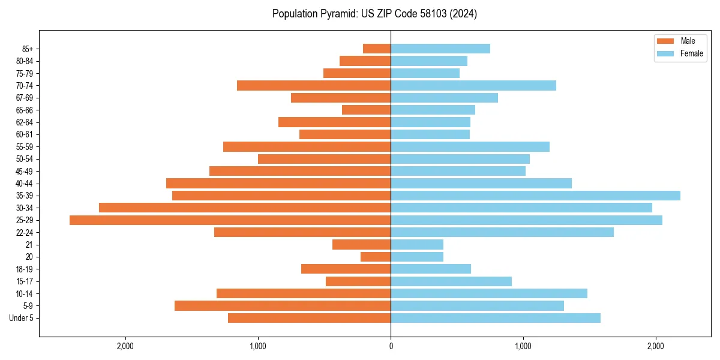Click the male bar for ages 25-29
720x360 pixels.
(x=230, y=220)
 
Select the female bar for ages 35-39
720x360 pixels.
(x=535, y=196)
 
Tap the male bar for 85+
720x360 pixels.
(x=377, y=49)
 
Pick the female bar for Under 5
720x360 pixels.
(x=496, y=318)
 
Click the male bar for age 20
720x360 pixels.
(x=376, y=257)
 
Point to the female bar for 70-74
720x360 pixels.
(x=473, y=86)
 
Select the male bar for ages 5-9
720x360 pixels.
(x=283, y=306)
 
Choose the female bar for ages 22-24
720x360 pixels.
(x=502, y=232)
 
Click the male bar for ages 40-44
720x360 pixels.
(x=278, y=184)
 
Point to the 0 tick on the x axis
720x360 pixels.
(x=391, y=346)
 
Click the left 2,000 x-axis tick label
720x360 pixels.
(x=125, y=346)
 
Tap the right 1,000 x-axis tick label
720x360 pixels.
(x=523, y=346)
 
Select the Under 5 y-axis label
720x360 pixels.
(x=22, y=318)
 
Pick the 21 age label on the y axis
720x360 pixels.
(x=29, y=245)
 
